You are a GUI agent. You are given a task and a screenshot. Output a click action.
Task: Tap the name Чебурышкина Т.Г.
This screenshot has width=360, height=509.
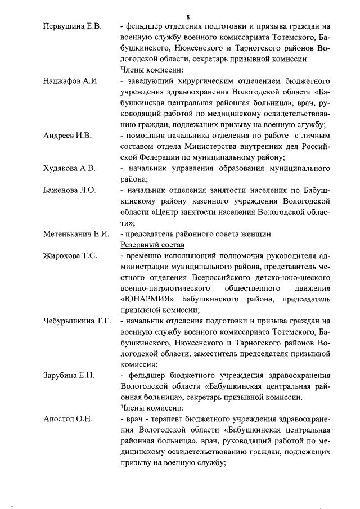pyautogui.click(x=76, y=321)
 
